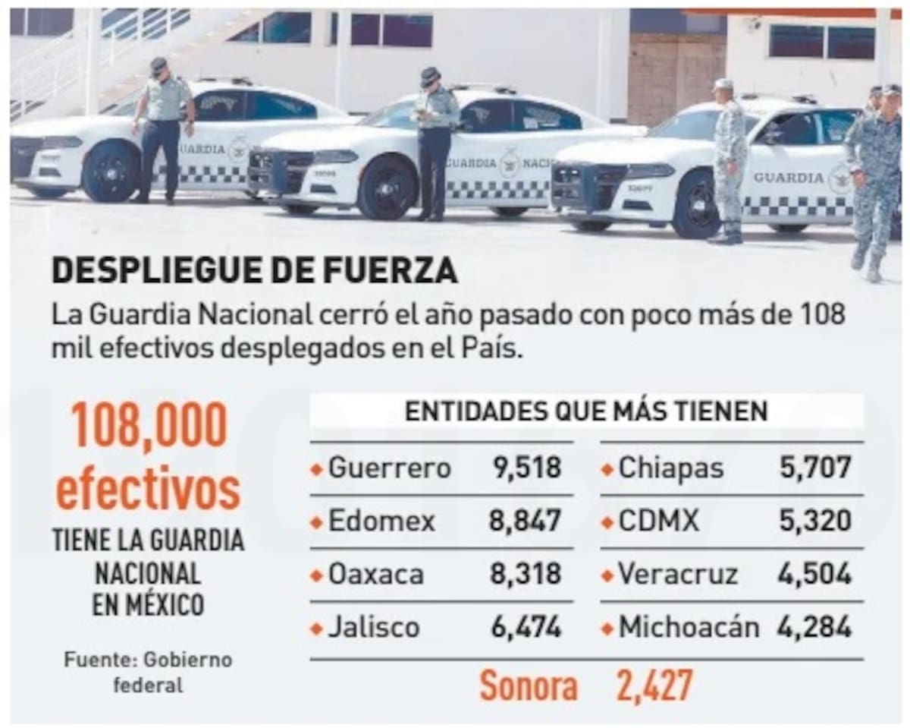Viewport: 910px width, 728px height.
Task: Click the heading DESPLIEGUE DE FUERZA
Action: coord(254,270)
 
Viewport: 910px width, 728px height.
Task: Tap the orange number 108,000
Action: coord(149,424)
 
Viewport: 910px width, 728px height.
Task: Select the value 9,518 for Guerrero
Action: coord(526,468)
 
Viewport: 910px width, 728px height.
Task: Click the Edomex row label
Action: coord(381,522)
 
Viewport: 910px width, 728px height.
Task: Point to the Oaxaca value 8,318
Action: coord(526,575)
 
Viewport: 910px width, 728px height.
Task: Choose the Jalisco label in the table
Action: coord(373,628)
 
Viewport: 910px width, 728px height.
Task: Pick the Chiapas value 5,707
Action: coord(815,468)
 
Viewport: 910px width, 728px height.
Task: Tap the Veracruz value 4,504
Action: coord(814,575)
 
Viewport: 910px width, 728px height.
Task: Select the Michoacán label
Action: coord(689,628)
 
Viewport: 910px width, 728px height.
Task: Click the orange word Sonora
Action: coord(529,686)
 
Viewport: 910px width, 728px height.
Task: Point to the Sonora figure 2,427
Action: coord(654,686)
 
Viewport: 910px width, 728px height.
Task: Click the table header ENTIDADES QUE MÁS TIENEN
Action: coord(586,411)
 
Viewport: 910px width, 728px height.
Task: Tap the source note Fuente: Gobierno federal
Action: coord(148,672)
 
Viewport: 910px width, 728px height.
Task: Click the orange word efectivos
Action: coord(148,491)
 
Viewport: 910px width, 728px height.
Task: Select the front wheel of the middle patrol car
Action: coord(387,188)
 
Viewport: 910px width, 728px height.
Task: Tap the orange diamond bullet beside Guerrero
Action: coord(317,469)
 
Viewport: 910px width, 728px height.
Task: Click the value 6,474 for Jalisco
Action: coord(526,628)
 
